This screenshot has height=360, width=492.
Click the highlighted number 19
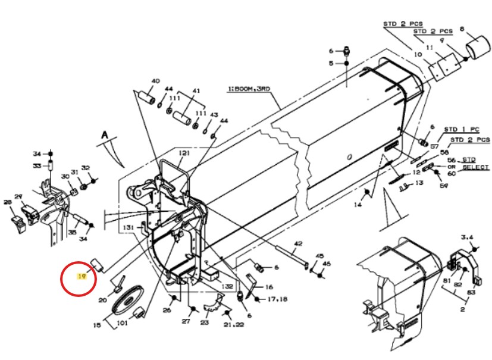[83, 277]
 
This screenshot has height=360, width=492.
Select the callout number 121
[184, 154]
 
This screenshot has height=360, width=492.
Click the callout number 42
[298, 243]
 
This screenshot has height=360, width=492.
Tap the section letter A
[104, 136]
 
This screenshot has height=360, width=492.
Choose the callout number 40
[155, 81]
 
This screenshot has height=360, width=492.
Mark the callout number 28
[8, 203]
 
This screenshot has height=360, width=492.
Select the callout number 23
[205, 323]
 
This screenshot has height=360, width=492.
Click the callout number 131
[129, 228]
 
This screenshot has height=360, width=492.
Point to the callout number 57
[434, 146]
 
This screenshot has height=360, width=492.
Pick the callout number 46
[326, 264]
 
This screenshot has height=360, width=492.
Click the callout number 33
[37, 166]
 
